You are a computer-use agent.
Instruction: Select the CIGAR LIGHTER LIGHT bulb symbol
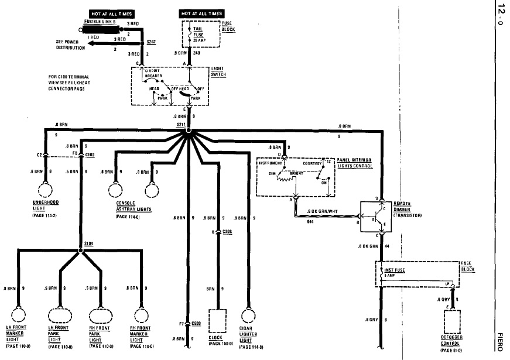(248, 316)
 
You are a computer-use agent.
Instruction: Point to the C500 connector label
(196, 323)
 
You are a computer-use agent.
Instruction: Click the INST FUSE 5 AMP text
(396, 272)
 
